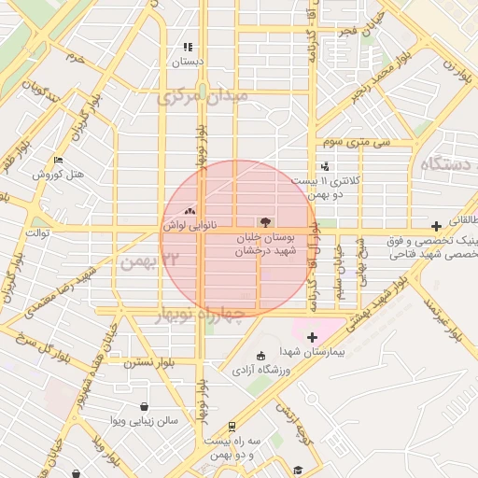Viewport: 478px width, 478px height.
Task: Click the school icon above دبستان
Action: [187, 47]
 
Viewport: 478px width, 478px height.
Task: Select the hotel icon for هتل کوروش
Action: [58, 160]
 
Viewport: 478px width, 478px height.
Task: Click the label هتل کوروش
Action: [58, 175]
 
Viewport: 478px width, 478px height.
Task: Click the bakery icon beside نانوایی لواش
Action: [190, 212]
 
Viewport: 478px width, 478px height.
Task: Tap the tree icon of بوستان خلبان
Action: [265, 223]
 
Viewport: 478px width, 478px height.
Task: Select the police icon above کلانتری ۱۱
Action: [324, 166]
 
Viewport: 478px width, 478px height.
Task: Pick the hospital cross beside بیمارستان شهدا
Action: [312, 337]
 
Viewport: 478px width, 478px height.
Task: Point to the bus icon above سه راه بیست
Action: [205, 426]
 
